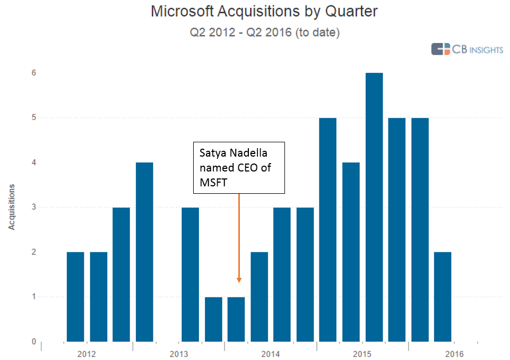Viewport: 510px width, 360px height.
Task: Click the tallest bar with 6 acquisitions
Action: coord(374,207)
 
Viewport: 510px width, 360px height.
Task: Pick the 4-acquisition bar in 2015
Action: coord(351,252)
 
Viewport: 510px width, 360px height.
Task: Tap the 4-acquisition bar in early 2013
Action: coord(144,252)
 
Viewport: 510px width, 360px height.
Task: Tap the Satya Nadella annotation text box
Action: coord(239,168)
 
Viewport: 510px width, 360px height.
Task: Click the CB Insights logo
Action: coord(467,49)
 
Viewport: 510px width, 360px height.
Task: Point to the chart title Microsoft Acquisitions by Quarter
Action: coord(264,12)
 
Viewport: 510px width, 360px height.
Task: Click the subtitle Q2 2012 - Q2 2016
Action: coord(265,32)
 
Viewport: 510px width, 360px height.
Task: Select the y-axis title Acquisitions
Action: coord(11,207)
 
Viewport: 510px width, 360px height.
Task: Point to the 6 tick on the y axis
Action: coord(33,73)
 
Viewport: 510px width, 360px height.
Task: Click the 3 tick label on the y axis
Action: coord(33,207)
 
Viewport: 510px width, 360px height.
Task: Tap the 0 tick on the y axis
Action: coord(33,341)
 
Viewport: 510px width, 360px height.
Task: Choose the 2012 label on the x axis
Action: coord(87,354)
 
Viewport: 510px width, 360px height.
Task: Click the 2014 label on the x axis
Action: coord(270,354)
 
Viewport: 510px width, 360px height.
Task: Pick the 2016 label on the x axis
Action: coord(454,354)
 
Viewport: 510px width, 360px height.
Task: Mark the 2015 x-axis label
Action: coord(362,354)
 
